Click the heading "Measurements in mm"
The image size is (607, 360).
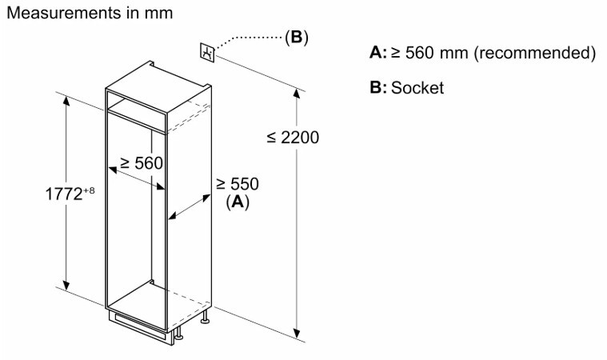pyautogui.click(x=90, y=13)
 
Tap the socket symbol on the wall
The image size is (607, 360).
pyautogui.click(x=207, y=52)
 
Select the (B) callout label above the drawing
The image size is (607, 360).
pyautogui.click(x=297, y=37)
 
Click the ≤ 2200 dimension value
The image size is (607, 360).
pyautogui.click(x=293, y=138)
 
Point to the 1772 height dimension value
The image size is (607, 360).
pyautogui.click(x=64, y=194)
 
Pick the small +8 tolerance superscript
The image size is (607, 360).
pyautogui.click(x=89, y=190)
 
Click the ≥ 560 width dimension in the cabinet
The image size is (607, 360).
pyautogui.click(x=142, y=163)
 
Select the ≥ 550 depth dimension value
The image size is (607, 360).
pyautogui.click(x=238, y=184)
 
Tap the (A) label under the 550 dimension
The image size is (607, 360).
pyautogui.click(x=238, y=202)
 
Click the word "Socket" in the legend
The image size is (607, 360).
pyautogui.click(x=417, y=87)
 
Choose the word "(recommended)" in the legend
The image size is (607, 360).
pyautogui.click(x=534, y=53)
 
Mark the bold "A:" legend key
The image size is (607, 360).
pyautogui.click(x=378, y=52)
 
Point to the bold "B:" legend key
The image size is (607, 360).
pyautogui.click(x=378, y=87)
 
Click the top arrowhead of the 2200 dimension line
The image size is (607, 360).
pyautogui.click(x=297, y=94)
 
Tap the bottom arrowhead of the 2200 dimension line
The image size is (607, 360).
pyautogui.click(x=297, y=334)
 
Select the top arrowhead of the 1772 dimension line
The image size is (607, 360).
pyautogui.click(x=66, y=100)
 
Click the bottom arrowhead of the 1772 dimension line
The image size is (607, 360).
pyautogui.click(x=66, y=285)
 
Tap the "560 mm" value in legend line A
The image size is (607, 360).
pyautogui.click(x=437, y=53)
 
